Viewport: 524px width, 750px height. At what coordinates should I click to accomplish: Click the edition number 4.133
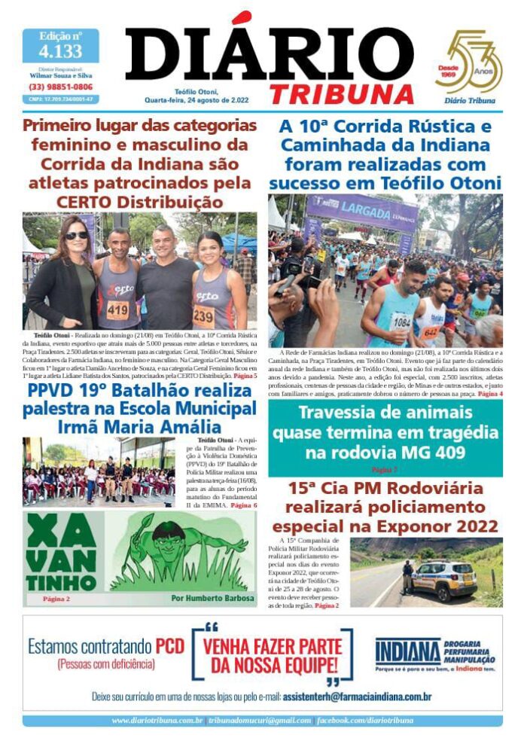(60, 51)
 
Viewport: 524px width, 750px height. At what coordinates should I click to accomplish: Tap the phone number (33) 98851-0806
(60, 87)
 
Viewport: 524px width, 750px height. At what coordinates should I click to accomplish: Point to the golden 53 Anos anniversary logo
(469, 64)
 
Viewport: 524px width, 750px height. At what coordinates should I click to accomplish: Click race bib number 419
(117, 309)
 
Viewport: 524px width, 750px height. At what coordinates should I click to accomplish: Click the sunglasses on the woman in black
(76, 236)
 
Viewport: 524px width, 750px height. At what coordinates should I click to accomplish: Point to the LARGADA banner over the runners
(362, 207)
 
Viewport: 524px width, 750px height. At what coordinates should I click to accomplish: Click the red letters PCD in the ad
(169, 647)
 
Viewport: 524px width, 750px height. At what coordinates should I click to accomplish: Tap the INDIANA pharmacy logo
(407, 651)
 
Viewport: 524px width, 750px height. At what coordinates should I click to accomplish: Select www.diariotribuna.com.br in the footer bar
(157, 721)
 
